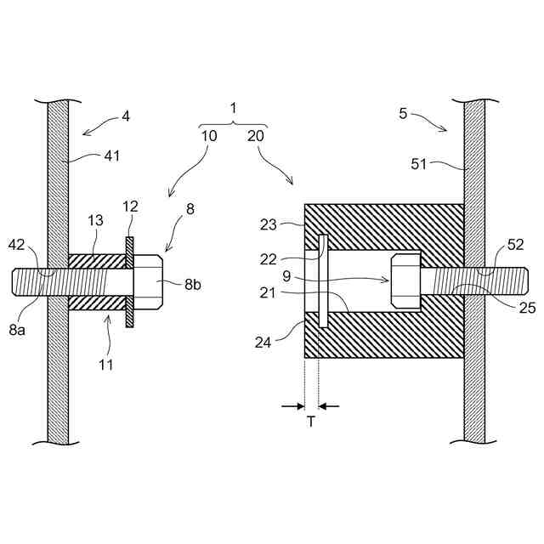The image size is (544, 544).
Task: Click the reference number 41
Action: point(111,156)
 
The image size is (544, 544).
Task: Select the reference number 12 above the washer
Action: point(129,207)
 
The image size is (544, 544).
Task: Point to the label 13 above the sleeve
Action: point(96,221)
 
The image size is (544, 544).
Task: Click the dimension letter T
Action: point(310,422)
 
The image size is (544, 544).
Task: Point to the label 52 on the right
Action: point(514,244)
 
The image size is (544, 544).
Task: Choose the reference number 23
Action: point(269,224)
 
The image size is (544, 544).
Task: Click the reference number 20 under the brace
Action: point(256,136)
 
